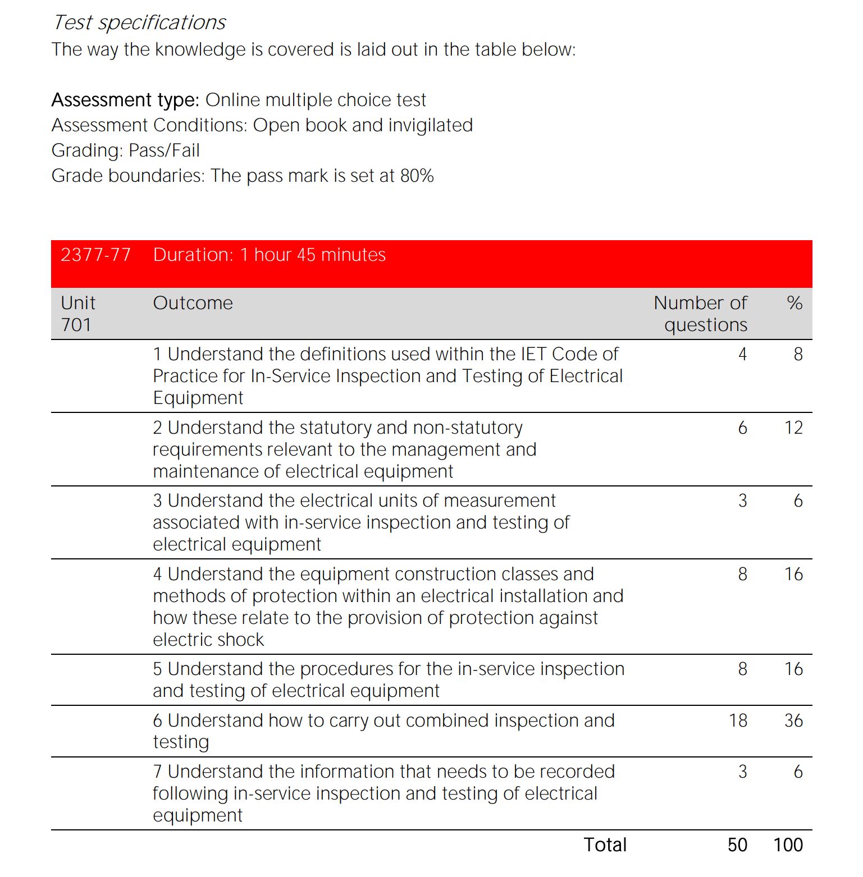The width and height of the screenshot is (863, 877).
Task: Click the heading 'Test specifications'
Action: [x=139, y=22]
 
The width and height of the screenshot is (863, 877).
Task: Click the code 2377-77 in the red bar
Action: [x=95, y=255]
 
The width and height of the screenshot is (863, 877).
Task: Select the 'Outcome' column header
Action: [x=193, y=303]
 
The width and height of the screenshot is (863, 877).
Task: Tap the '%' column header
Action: [x=794, y=303]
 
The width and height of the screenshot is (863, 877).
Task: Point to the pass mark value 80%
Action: [x=417, y=176]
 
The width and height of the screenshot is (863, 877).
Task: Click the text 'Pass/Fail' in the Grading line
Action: [x=164, y=150]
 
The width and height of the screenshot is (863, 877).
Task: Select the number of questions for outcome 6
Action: [x=738, y=720]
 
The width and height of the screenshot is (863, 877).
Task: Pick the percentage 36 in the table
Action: [x=793, y=720]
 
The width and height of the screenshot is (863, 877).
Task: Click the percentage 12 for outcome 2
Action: [x=793, y=428]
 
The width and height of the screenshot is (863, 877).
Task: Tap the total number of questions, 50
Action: [x=737, y=845]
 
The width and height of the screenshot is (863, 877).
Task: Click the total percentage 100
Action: [x=788, y=845]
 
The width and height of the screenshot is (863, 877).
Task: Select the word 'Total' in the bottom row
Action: [x=605, y=845]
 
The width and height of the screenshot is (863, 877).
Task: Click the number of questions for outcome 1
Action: [x=742, y=354]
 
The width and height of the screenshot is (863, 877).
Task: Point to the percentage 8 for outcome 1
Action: [x=798, y=354]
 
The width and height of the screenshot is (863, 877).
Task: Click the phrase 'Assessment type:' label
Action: [x=125, y=100]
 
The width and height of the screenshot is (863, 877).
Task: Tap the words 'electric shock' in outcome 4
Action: [x=208, y=640]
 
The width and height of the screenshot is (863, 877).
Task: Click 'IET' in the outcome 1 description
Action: [x=533, y=354]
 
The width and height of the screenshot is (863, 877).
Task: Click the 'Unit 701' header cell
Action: [x=78, y=314]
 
